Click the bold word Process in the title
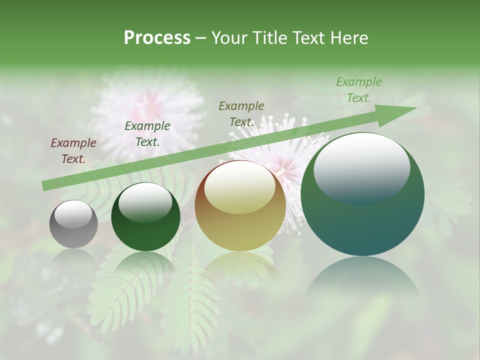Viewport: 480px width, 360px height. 157,38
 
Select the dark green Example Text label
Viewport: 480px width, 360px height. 147,134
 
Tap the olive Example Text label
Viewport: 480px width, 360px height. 241,114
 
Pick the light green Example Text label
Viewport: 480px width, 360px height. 359,90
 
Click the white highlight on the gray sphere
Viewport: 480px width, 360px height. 73,214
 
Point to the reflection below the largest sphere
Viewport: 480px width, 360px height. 362,282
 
